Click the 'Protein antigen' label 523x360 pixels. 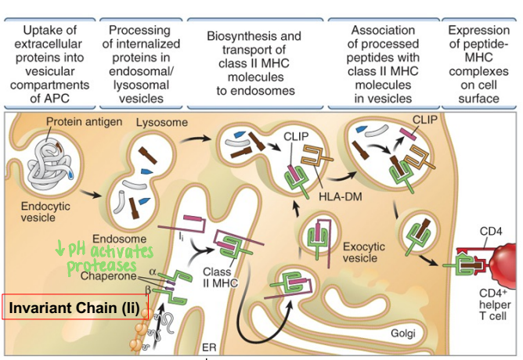point(81,122)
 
